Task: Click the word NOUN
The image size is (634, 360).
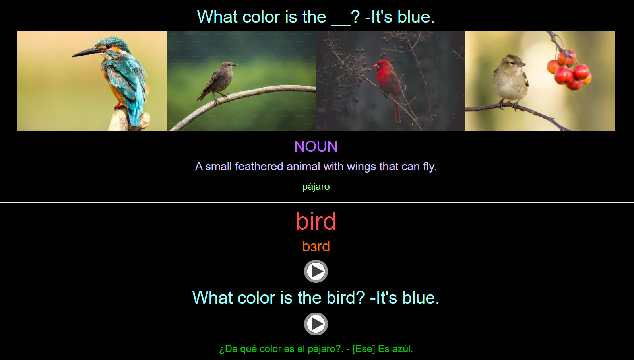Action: tap(316, 146)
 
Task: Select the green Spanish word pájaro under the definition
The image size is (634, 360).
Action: tap(316, 187)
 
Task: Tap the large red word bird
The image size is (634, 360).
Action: tap(316, 221)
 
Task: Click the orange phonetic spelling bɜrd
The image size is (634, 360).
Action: tap(316, 247)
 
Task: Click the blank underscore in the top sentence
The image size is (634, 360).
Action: tap(341, 18)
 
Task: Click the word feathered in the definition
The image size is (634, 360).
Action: tap(259, 166)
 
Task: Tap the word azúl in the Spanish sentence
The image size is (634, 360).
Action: tap(402, 349)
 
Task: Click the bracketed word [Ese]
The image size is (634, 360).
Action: tap(363, 349)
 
